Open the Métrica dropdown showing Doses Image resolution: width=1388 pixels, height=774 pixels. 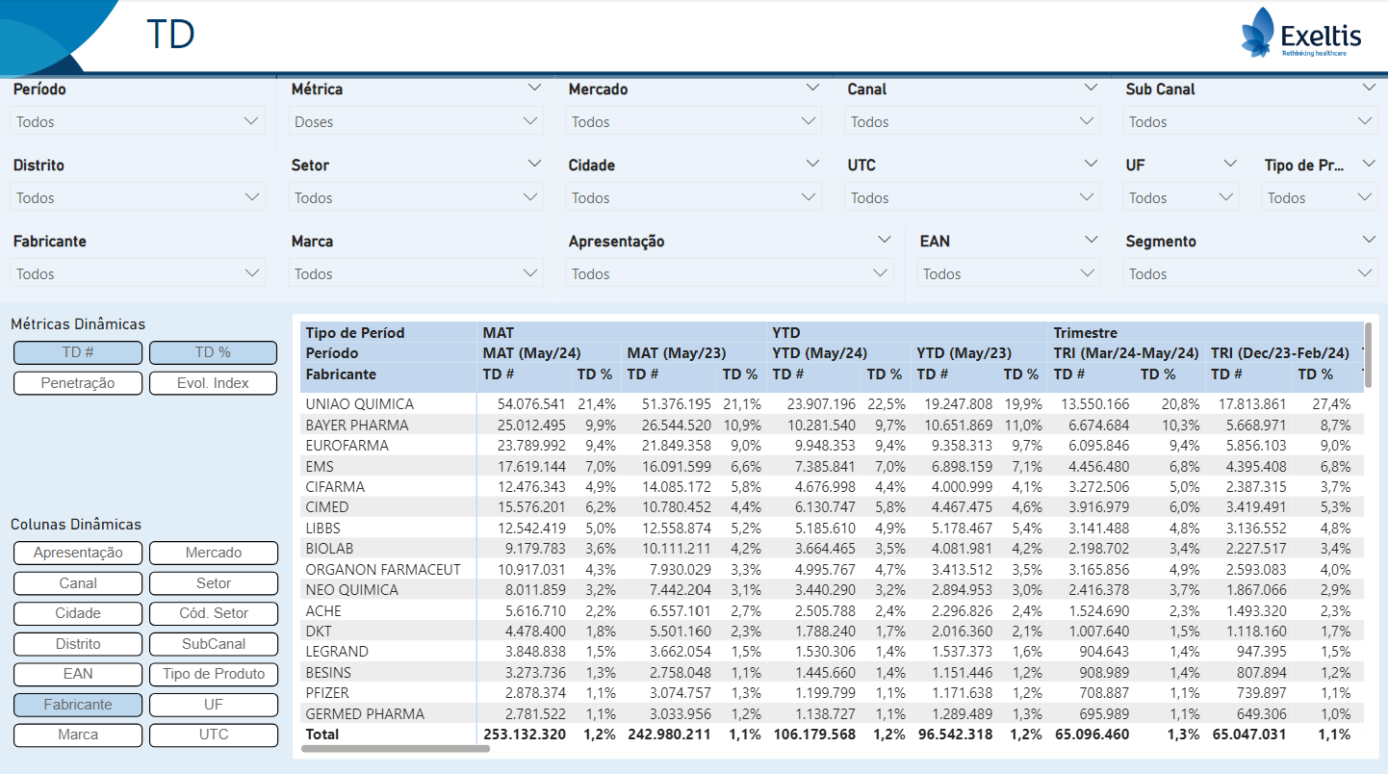[415, 121]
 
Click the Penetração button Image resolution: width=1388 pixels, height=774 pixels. [77, 383]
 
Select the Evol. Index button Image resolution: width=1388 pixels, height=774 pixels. [213, 383]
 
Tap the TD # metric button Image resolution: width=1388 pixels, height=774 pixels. [77, 352]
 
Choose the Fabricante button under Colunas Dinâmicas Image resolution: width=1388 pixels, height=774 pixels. [77, 705]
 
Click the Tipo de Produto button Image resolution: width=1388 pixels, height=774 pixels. [213, 674]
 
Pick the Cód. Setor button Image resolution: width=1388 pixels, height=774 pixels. [213, 613]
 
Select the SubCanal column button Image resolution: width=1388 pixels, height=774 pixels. [213, 644]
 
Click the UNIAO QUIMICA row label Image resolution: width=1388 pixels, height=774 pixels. [359, 404]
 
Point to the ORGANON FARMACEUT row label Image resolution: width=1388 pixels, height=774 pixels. [383, 570]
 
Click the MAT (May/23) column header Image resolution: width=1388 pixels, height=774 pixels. [676, 353]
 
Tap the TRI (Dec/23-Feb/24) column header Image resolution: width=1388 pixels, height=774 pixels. [1279, 353]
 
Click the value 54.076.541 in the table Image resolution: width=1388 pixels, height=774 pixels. [531, 404]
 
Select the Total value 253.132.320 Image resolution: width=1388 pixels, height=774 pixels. [525, 735]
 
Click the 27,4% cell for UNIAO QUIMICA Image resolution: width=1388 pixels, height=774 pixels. [1331, 404]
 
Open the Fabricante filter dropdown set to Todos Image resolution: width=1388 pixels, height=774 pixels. [138, 273]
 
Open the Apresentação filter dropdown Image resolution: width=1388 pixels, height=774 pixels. [730, 273]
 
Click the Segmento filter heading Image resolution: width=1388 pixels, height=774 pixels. [1161, 241]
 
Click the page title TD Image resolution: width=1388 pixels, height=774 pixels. [170, 34]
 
